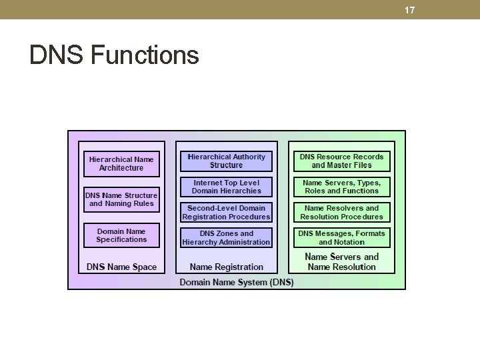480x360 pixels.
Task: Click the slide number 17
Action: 409,10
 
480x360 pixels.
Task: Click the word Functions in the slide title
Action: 144,55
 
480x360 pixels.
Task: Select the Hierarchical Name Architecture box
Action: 121,163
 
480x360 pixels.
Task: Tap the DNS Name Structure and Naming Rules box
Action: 121,199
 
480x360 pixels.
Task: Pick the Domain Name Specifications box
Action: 121,235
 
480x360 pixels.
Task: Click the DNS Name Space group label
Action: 121,267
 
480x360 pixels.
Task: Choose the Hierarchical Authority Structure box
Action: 226,161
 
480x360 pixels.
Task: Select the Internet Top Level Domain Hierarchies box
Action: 226,187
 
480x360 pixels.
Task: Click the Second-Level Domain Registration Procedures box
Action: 226,212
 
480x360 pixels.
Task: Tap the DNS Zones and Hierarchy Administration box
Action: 226,238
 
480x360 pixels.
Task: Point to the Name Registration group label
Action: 226,267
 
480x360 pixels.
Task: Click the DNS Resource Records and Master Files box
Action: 341,161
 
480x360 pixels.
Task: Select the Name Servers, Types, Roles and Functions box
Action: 341,187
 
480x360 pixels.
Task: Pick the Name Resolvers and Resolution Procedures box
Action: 341,212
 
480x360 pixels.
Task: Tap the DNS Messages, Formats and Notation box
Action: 341,238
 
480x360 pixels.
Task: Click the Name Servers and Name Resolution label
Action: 341,261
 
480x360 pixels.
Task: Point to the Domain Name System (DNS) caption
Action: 237,282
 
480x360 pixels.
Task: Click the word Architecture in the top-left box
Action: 121,168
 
